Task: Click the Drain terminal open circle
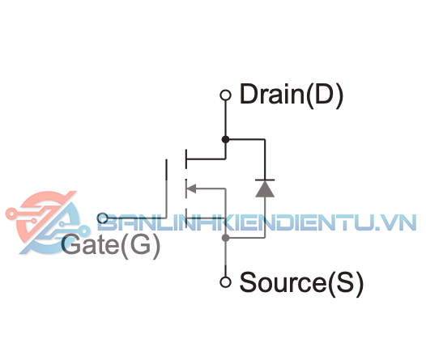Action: coord(225,95)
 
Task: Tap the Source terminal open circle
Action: coord(225,282)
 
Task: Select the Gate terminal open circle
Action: coord(103,218)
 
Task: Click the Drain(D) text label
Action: coord(292,95)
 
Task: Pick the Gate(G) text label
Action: coord(111,244)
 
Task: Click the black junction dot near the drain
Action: coord(225,139)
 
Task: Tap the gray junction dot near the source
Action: coord(225,238)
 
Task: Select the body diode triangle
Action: coord(265,188)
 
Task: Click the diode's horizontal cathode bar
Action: coord(265,180)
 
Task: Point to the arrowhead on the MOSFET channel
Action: coord(191,188)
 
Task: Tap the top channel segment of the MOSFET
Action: coord(186,159)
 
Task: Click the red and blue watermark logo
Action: coord(48,222)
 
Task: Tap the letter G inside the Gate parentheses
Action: coord(139,244)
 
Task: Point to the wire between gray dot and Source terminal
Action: coord(225,259)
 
